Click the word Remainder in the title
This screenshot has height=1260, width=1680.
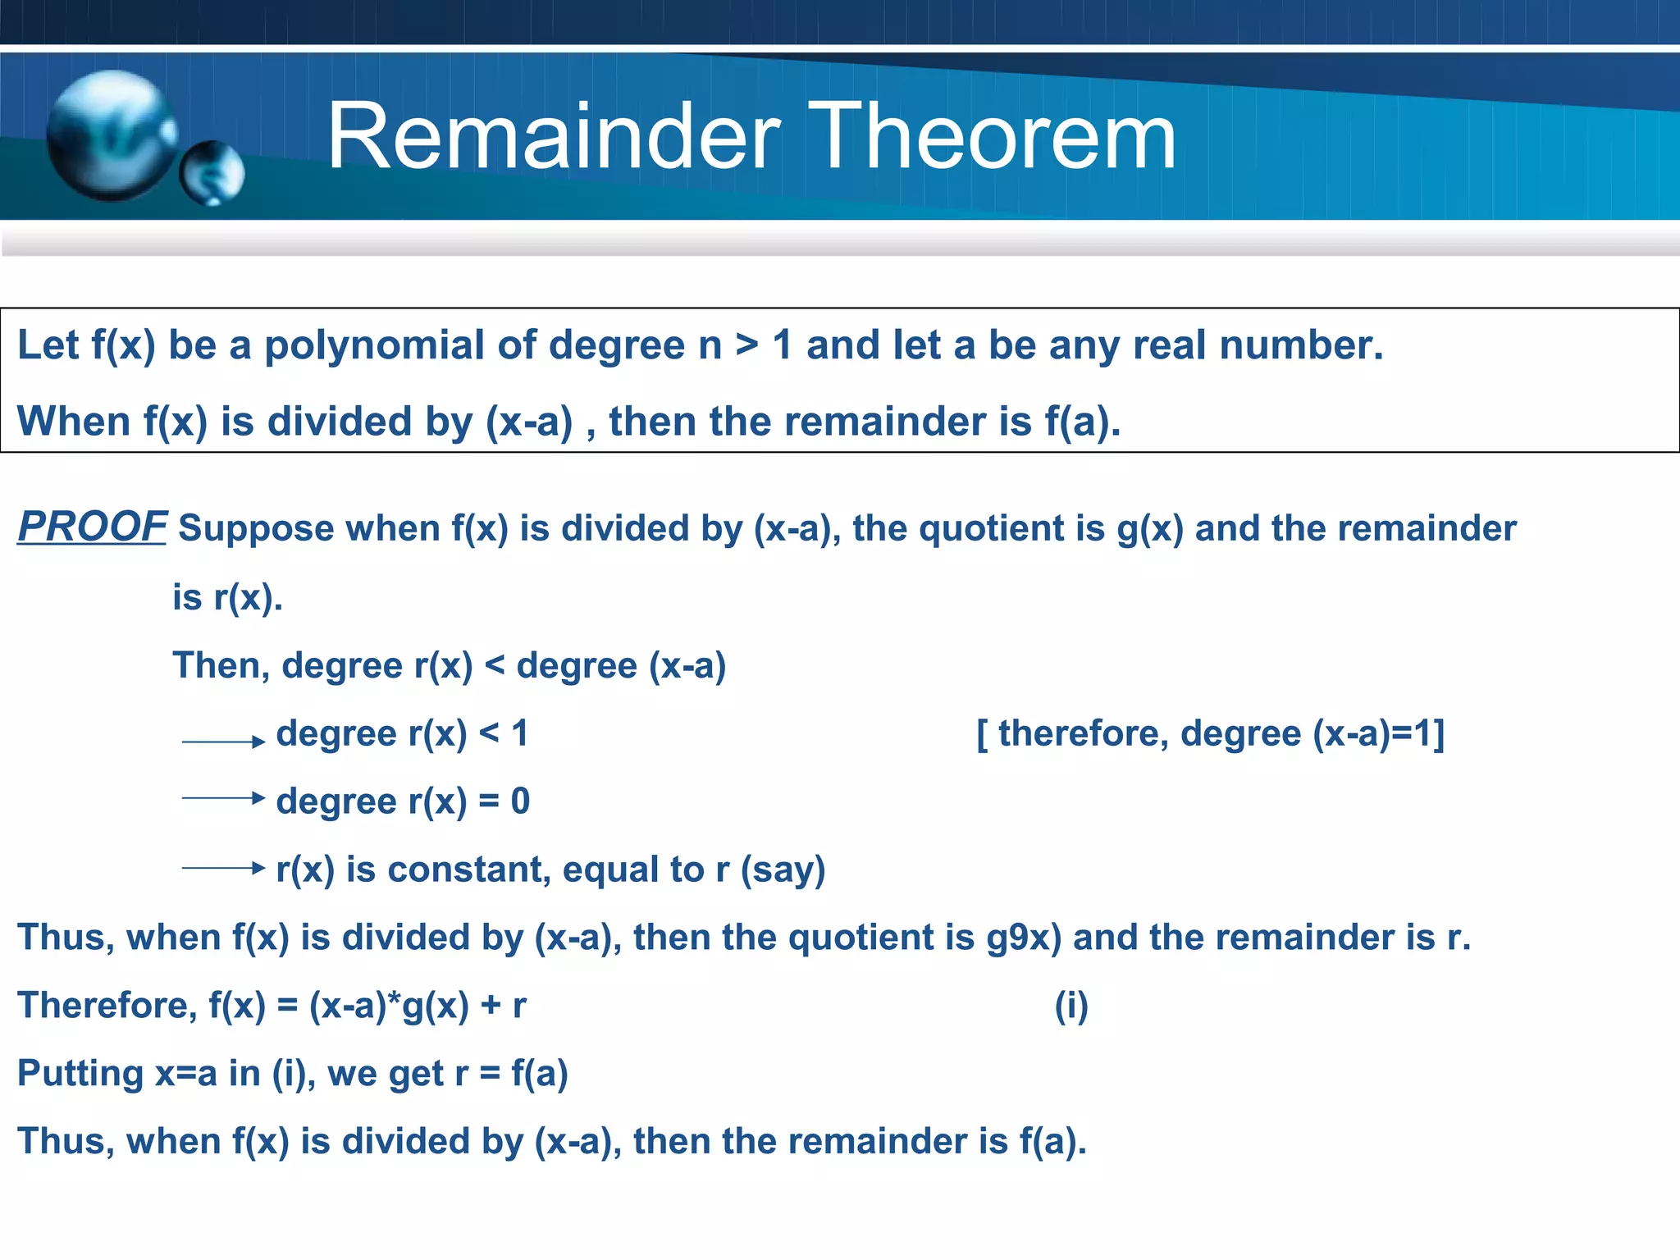pos(554,137)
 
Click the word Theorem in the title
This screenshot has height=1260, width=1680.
pos(996,137)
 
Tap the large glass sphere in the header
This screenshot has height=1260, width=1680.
pos(111,135)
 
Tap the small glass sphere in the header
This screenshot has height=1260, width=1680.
pos(212,173)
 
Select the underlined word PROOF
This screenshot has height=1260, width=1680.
pos(92,527)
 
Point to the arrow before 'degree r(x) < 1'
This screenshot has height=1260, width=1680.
pos(223,742)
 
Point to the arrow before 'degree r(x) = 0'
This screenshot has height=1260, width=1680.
pos(223,797)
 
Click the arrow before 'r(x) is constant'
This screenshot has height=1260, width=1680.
pos(223,867)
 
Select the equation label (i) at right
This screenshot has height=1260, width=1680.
pos(1071,1006)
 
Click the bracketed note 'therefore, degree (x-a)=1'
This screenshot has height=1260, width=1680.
pos(1210,733)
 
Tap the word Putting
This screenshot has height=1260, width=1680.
pos(80,1074)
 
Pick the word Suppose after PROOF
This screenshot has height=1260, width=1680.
pos(256,529)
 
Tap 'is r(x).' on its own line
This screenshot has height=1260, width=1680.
pos(227,598)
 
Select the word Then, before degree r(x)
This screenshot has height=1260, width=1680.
pos(221,665)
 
